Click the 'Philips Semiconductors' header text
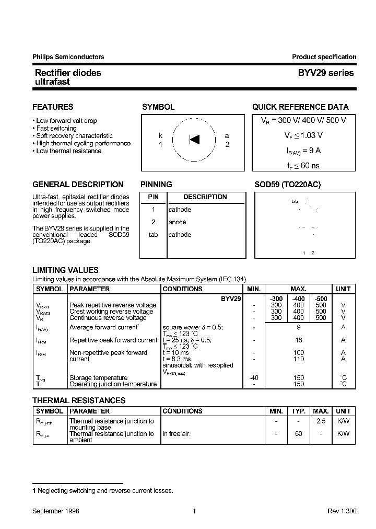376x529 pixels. pyautogui.click(x=68, y=57)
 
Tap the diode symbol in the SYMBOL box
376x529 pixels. pyautogui.click(x=194, y=140)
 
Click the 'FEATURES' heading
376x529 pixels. pyautogui.click(x=53, y=107)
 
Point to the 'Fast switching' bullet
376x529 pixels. pyautogui.click(x=56, y=128)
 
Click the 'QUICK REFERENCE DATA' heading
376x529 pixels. pyautogui.click(x=300, y=107)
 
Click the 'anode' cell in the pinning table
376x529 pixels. pyautogui.click(x=177, y=222)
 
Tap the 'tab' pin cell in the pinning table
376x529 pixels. pyautogui.click(x=153, y=235)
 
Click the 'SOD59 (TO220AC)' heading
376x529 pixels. pyautogui.click(x=287, y=185)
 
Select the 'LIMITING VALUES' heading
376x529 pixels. pyautogui.click(x=65, y=270)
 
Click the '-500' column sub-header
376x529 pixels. pyautogui.click(x=321, y=298)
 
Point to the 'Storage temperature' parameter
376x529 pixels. pyautogui.click(x=98, y=377)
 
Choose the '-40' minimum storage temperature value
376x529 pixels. pyautogui.click(x=254, y=377)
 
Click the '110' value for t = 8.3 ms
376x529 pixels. pyautogui.click(x=298, y=359)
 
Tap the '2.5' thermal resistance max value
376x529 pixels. pyautogui.click(x=321, y=421)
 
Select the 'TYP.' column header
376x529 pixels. pyautogui.click(x=298, y=411)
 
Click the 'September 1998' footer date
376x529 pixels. pyautogui.click(x=56, y=511)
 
